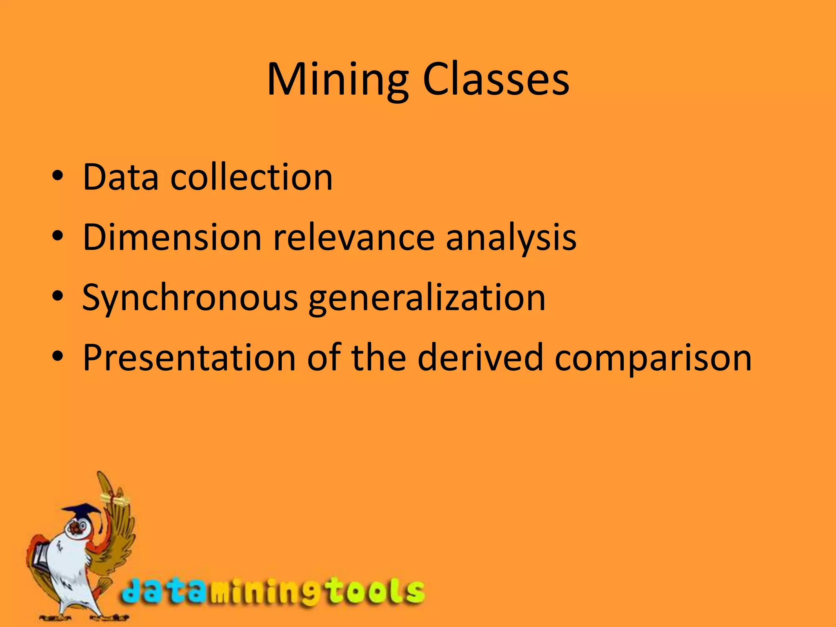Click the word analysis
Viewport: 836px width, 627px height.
(511, 238)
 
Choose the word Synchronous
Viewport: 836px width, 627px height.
(190, 298)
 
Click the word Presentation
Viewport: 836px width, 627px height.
(189, 358)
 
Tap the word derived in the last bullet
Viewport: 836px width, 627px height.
(480, 358)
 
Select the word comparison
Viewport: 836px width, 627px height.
(653, 358)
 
